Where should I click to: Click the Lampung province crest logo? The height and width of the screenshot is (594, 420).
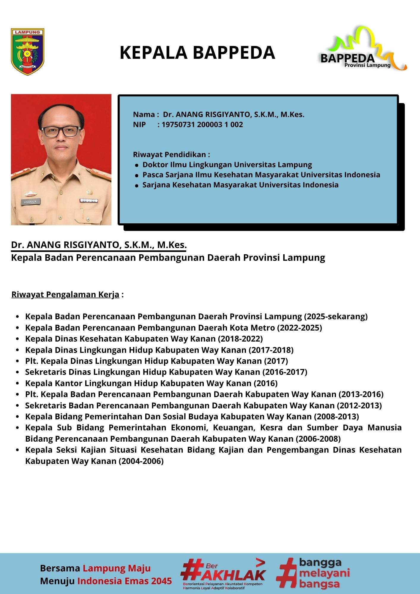tap(27, 52)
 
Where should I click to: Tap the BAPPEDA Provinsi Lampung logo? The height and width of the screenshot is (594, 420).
tap(362, 50)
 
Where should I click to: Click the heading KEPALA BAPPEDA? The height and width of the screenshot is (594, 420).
tap(197, 53)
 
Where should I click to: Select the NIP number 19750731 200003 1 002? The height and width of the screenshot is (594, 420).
tap(202, 125)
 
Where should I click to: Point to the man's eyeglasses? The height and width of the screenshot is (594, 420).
tap(61, 132)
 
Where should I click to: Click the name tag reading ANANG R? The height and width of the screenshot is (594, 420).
tap(31, 202)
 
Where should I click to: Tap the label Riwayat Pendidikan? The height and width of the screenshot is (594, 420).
tap(171, 155)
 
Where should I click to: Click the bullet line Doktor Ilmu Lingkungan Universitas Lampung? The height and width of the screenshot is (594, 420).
tap(227, 165)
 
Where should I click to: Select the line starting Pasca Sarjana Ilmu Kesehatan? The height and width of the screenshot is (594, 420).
tap(261, 175)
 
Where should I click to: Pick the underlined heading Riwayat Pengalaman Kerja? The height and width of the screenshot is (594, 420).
tap(65, 295)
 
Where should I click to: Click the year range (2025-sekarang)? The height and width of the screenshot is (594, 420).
tap(336, 317)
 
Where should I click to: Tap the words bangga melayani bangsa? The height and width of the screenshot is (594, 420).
tap(324, 573)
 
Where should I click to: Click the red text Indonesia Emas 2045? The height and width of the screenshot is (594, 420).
tap(125, 581)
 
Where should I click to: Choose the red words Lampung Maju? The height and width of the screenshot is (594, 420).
tap(116, 568)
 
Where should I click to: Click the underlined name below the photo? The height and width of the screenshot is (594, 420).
tap(99, 245)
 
